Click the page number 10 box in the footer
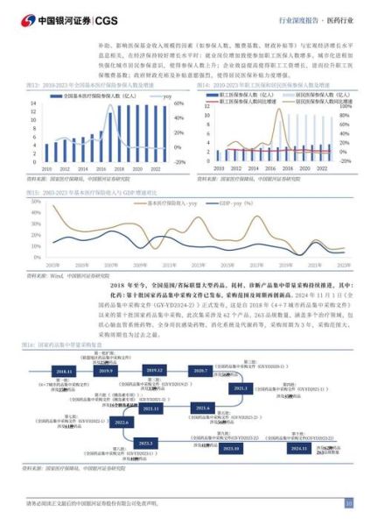coord(348,503)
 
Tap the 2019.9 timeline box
coord(107,372)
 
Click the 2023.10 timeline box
coord(231,448)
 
